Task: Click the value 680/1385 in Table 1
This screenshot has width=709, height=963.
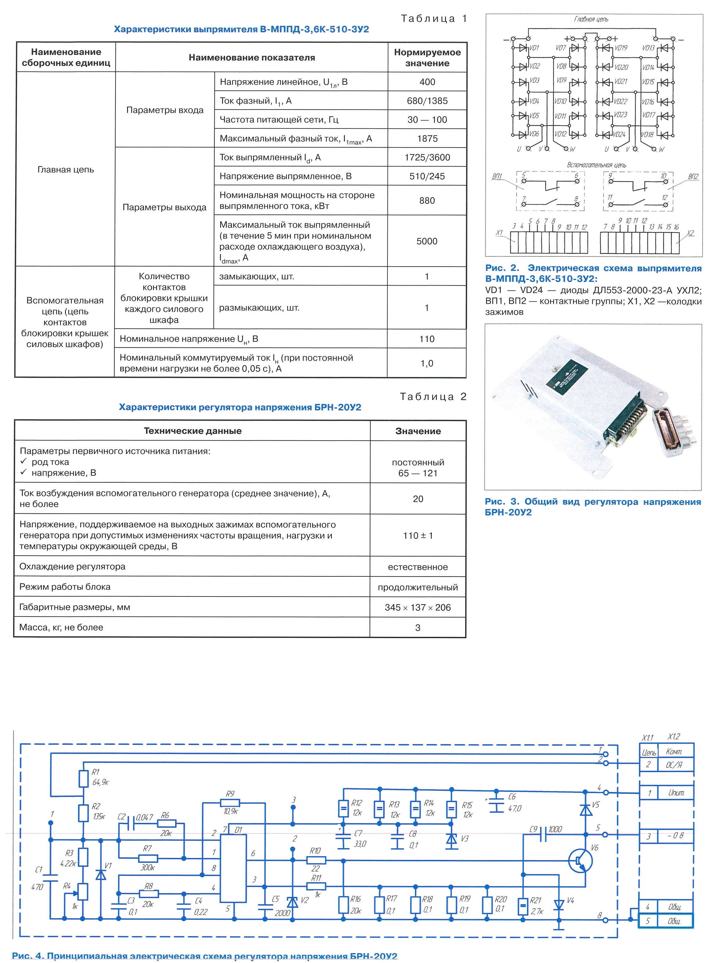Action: tap(427, 101)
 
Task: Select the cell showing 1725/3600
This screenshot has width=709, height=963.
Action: tap(427, 158)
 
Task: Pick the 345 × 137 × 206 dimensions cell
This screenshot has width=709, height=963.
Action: tap(418, 607)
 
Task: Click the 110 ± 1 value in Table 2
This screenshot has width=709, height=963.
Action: tap(418, 536)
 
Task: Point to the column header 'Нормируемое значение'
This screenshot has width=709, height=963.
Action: tap(427, 57)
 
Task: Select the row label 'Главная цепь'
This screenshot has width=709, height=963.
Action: tap(66, 170)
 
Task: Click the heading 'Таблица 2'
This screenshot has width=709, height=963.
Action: tap(433, 397)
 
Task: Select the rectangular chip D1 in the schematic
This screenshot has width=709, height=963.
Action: tap(233, 874)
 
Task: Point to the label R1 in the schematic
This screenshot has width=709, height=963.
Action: tap(95, 772)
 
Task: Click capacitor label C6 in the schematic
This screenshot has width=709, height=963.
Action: tap(512, 797)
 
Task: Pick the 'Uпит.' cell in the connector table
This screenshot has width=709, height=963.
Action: tap(676, 793)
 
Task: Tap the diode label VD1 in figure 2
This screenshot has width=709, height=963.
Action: tap(534, 48)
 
